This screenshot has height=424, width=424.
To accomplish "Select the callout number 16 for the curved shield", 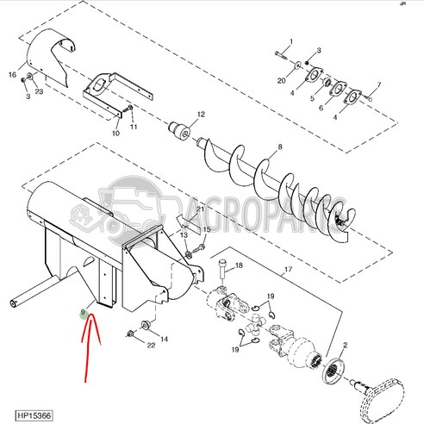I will point(13,76).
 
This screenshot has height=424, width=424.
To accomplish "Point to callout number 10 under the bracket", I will point(116,134).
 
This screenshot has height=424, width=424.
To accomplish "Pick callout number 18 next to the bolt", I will point(239,266).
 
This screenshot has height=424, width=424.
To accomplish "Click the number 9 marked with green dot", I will point(83,313).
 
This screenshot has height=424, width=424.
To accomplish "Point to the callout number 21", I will point(199,209).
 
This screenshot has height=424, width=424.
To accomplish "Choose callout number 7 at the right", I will point(378,84).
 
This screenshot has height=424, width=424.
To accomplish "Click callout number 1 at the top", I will point(290,41).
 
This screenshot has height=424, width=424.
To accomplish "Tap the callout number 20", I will point(281,80).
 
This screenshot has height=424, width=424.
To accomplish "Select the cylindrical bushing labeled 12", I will point(184,130).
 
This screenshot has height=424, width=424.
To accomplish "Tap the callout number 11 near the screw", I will point(134,127).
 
